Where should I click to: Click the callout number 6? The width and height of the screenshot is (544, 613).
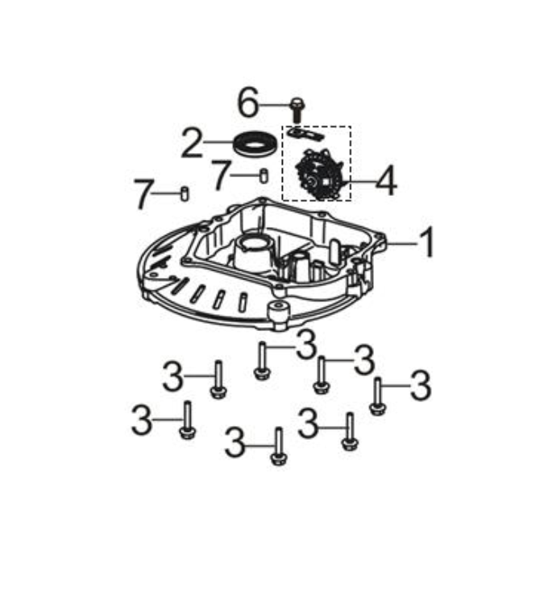pyautogui.click(x=248, y=103)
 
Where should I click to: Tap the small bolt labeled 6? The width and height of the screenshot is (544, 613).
pyautogui.click(x=297, y=110)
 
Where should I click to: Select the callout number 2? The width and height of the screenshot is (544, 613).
pyautogui.click(x=192, y=143)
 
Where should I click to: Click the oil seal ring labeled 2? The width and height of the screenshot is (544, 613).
pyautogui.click(x=255, y=144)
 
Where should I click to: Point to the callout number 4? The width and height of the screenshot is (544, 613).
pyautogui.click(x=386, y=181)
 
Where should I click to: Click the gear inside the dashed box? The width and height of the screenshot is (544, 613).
pyautogui.click(x=319, y=176)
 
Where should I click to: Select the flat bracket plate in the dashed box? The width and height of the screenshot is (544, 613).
pyautogui.click(x=305, y=133)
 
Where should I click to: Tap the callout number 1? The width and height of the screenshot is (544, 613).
pyautogui.click(x=427, y=242)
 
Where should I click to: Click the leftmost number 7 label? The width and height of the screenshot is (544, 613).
pyautogui.click(x=142, y=194)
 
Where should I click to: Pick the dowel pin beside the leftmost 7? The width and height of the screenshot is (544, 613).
pyautogui.click(x=185, y=194)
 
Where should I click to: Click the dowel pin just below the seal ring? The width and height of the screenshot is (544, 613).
pyautogui.click(x=264, y=176)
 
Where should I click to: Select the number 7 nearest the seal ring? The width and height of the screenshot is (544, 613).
pyautogui.click(x=220, y=176)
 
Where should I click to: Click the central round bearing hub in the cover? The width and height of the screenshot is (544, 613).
pyautogui.click(x=254, y=250)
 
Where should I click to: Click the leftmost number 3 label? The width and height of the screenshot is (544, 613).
pyautogui.click(x=141, y=420)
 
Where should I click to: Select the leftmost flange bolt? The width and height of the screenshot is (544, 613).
pyautogui.click(x=187, y=420)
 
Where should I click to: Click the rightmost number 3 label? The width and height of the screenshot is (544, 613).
pyautogui.click(x=421, y=386)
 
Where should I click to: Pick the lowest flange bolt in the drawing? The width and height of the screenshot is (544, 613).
pyautogui.click(x=278, y=446)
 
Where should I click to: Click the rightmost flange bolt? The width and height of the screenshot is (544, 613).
pyautogui.click(x=378, y=396)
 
